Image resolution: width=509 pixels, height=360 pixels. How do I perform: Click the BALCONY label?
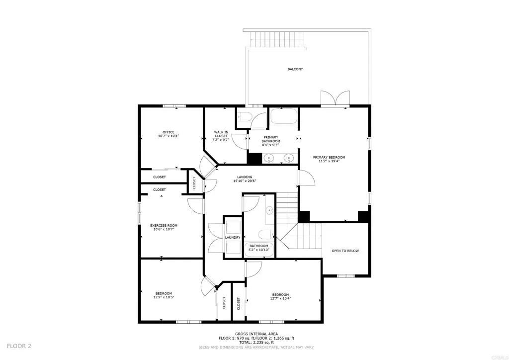click(295, 69)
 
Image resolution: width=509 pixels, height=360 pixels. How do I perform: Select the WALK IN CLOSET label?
click(221, 132)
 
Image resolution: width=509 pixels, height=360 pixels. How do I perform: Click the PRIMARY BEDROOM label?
click(329, 158)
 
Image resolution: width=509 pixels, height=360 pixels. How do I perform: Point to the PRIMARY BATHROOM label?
click(271, 138)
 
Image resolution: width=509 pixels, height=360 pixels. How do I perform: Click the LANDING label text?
click(245, 177)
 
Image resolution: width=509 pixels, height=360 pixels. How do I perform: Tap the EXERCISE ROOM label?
click(164, 226)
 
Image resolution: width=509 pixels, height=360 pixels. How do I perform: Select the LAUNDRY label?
click(233, 238)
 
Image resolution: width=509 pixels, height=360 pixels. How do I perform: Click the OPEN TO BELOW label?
click(345, 251)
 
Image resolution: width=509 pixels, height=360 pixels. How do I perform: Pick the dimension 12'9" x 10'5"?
click(164, 297)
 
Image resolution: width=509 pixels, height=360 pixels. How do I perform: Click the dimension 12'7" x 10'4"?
click(280, 299)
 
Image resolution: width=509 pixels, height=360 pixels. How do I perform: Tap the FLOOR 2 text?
click(19, 346)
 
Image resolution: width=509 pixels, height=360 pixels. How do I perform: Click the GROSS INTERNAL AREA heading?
click(256, 334)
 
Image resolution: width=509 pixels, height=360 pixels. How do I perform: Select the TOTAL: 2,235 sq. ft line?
click(256, 343)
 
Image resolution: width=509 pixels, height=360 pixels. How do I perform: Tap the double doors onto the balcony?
click(335, 99)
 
